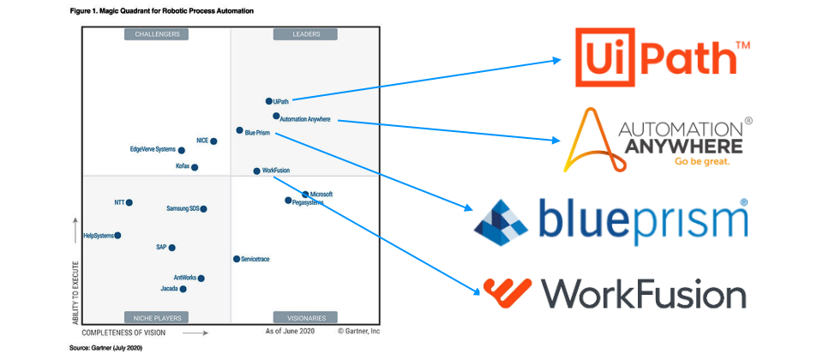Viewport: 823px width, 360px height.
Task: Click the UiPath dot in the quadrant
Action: click(268, 101)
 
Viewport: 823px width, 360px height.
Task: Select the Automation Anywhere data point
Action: click(276, 116)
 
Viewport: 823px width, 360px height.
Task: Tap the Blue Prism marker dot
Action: click(240, 130)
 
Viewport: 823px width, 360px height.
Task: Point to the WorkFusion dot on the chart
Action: click(256, 171)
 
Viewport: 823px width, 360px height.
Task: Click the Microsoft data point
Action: click(305, 195)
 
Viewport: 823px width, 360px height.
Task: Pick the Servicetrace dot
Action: click(236, 259)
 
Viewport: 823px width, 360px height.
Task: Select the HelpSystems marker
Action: click(117, 236)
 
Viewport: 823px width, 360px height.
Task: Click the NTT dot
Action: click(129, 203)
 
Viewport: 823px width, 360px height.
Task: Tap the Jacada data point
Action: click(183, 289)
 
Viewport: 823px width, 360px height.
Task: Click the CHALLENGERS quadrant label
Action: click(157, 34)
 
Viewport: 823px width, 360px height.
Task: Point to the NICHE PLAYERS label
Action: click(157, 316)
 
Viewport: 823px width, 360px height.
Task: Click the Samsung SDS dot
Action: click(203, 209)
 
